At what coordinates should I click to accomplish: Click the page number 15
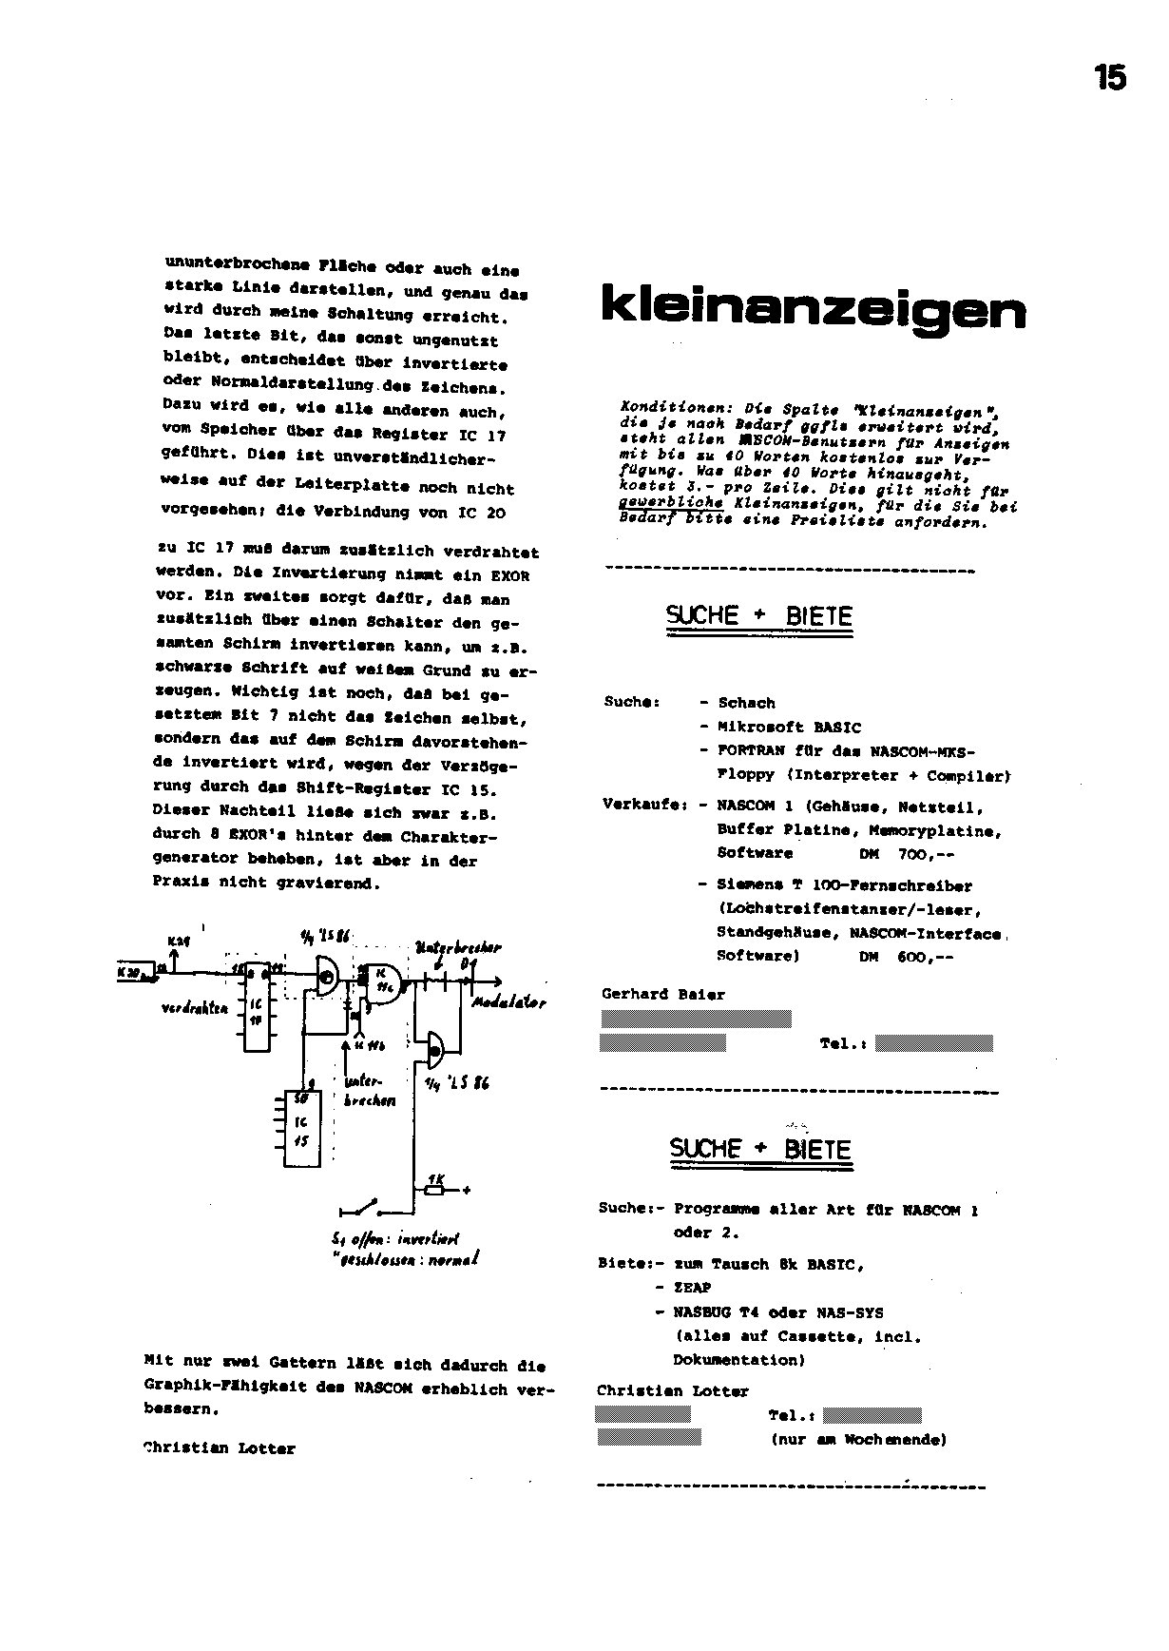click(1109, 77)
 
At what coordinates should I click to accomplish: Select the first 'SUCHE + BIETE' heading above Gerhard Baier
click(758, 616)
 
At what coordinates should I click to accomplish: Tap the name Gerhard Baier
click(663, 995)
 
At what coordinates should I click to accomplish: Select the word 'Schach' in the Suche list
click(746, 704)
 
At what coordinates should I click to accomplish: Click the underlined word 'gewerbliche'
click(670, 503)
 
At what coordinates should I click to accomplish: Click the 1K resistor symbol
click(435, 1189)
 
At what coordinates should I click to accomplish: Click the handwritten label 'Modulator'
click(508, 1003)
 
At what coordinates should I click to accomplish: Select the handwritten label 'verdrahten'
click(195, 1008)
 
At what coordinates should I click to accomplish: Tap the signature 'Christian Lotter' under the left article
click(220, 1449)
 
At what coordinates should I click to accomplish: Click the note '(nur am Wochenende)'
click(858, 1440)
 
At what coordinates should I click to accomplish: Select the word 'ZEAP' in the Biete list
click(692, 1288)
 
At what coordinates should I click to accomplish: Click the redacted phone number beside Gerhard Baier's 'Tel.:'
click(933, 1043)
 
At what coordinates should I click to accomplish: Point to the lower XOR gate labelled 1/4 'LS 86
click(435, 1049)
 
